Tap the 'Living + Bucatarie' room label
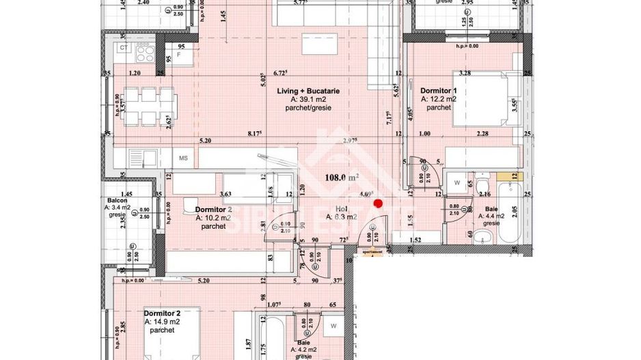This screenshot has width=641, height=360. [308, 90]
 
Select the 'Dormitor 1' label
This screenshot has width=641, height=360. [438, 90]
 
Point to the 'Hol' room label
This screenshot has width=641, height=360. [342, 208]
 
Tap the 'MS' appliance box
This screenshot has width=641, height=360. [184, 158]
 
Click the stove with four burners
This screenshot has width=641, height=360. [144, 51]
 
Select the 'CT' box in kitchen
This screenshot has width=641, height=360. [124, 48]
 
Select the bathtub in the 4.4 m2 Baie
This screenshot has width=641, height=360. [511, 212]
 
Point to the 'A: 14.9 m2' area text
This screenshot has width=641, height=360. [161, 321]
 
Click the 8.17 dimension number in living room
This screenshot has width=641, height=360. [254, 135]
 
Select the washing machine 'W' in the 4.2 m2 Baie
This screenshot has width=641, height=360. [333, 325]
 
